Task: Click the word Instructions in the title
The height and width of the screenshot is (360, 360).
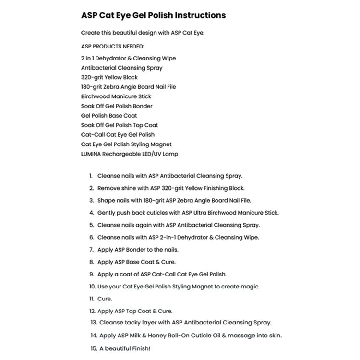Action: coord(197,15)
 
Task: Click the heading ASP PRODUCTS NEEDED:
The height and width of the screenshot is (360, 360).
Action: coord(112,47)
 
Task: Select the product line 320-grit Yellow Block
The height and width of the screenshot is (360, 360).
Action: coord(109,77)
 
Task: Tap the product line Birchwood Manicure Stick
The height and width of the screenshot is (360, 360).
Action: coord(117,96)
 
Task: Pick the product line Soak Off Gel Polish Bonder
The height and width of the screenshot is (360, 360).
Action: coord(117,106)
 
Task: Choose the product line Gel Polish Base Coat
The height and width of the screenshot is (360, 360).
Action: coord(109,116)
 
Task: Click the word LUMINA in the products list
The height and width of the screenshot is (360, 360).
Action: coord(93,154)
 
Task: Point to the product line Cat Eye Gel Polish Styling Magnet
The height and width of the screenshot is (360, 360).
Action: coord(126,144)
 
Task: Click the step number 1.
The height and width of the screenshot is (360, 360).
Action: coord(91,176)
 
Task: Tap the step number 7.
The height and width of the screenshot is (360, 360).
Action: coord(91,250)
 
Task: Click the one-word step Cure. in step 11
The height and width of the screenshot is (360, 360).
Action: coord(105,299)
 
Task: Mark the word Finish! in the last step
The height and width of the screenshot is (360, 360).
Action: coord(144,348)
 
